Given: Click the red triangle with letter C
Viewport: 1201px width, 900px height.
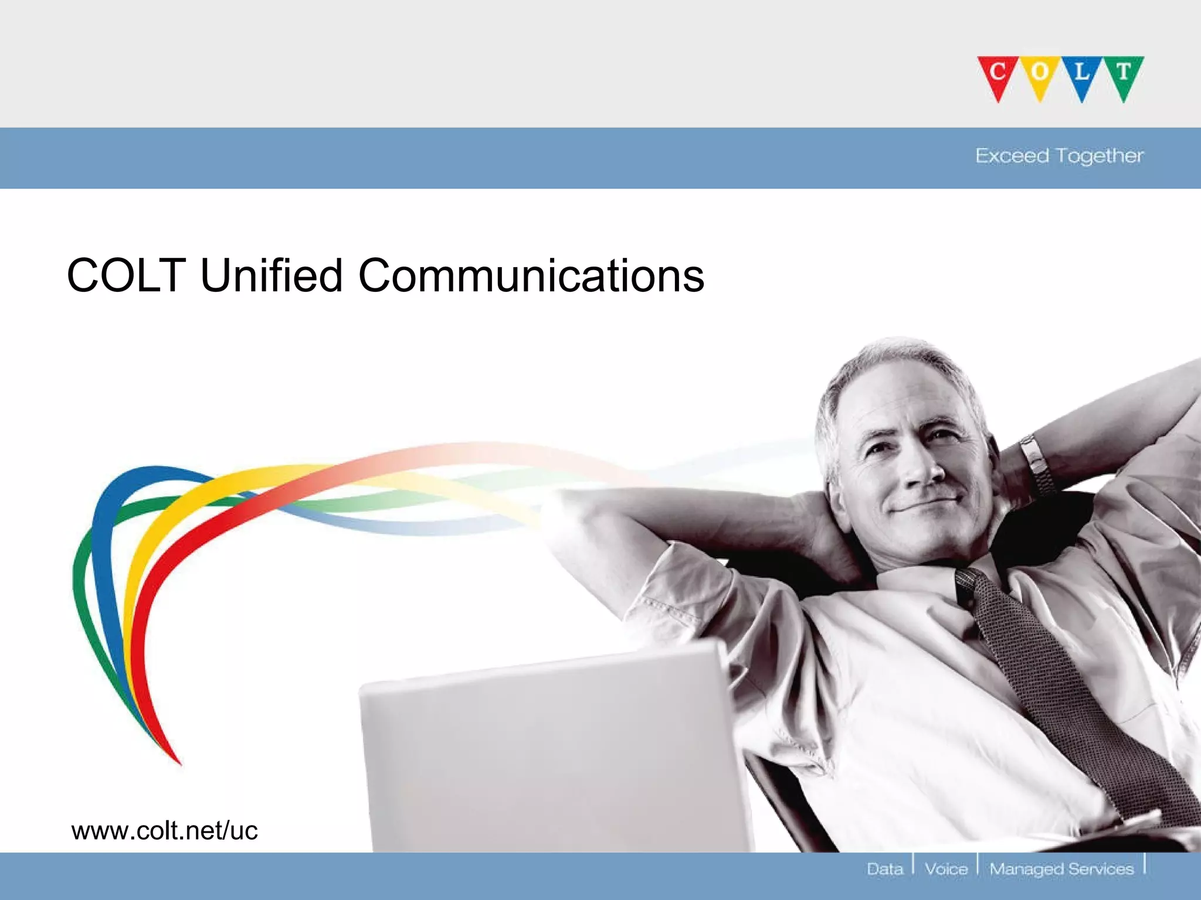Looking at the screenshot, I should (998, 75).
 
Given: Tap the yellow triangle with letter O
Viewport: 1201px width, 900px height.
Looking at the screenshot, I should (1039, 75).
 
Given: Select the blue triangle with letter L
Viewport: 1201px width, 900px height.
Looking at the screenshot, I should (1081, 75).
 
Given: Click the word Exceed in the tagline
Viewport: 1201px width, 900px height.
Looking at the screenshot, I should (1012, 156).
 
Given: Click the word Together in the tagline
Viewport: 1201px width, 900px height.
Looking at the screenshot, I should (1100, 156).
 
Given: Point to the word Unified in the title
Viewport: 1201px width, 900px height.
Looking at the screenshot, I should (271, 275).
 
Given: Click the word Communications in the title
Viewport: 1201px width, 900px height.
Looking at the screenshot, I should (531, 275).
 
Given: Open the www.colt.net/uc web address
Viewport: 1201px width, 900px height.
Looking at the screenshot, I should (164, 831).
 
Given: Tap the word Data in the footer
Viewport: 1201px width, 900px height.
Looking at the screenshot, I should (885, 869).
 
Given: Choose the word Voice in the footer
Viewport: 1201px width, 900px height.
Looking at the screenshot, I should (945, 869).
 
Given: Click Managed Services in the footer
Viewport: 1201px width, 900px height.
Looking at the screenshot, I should (1061, 869).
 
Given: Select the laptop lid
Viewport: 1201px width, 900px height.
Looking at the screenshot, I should (545, 756).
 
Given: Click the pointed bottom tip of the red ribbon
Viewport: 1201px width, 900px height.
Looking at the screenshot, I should (179, 763).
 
